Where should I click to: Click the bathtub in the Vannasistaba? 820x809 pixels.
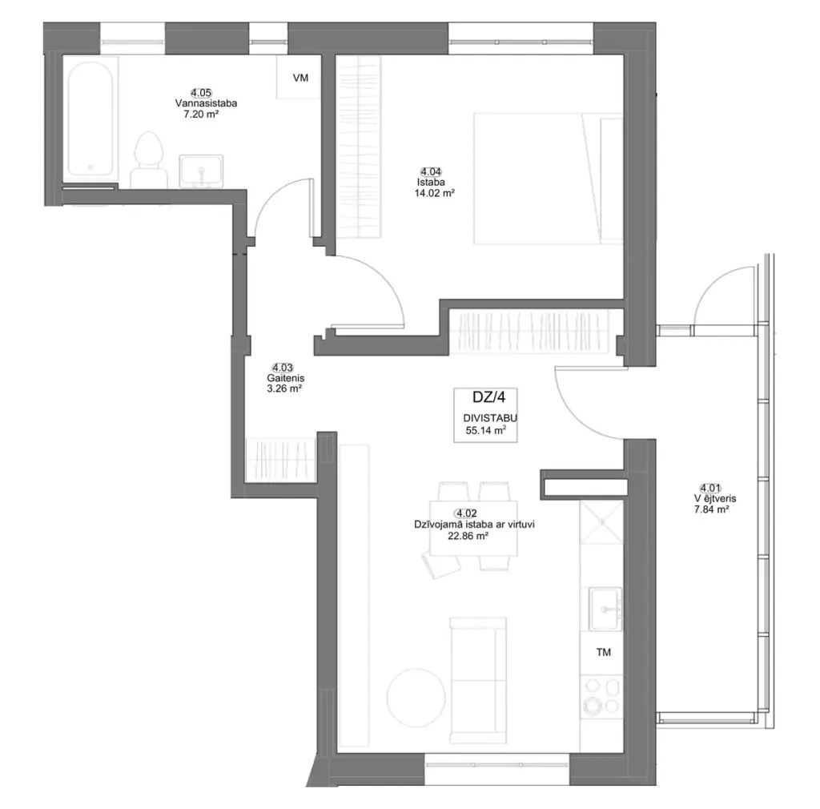coord(90,119)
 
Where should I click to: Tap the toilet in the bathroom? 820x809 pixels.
coord(148,159)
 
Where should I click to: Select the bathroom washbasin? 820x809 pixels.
coord(201,171)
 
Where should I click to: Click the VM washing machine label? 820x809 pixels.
coord(301,78)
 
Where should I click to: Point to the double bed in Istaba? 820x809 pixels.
coord(549,179)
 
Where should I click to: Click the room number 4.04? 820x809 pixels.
coord(431,171)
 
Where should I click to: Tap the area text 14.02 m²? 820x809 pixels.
coord(435,193)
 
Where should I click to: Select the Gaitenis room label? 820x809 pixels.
coord(286,378)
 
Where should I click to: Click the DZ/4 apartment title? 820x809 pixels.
coord(489,397)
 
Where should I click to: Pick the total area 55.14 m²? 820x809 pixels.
coord(486,431)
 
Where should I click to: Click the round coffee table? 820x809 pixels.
coord(416,698)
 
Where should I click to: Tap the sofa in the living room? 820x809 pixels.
coord(478,680)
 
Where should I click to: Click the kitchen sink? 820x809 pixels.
coord(605,610)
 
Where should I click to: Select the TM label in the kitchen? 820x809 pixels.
coord(604,653)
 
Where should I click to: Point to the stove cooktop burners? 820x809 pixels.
coord(601,695)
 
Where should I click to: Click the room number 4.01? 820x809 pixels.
coord(711,489)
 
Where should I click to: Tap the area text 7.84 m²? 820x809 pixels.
coord(711,509)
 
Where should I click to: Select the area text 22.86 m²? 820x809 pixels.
coord(468,536)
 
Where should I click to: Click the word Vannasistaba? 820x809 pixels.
coord(206,103)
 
